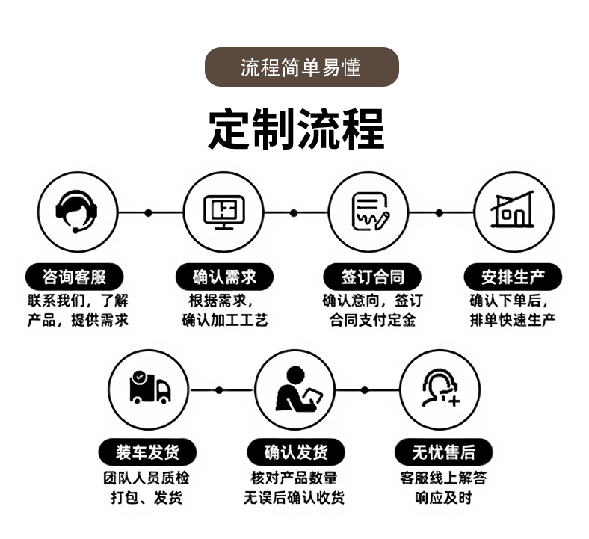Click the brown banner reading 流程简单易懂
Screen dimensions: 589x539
(x=301, y=67)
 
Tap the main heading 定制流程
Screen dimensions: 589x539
(x=296, y=129)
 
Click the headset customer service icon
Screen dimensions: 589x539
(x=77, y=211)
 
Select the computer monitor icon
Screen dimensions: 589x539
(x=223, y=211)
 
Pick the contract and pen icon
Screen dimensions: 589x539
(x=369, y=211)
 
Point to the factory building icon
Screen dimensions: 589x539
(x=514, y=211)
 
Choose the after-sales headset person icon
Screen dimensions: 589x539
(x=441, y=389)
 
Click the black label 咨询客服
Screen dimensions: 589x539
(x=75, y=277)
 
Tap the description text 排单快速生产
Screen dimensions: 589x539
(x=513, y=321)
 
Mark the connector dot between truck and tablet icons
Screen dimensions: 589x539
(x=218, y=389)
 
